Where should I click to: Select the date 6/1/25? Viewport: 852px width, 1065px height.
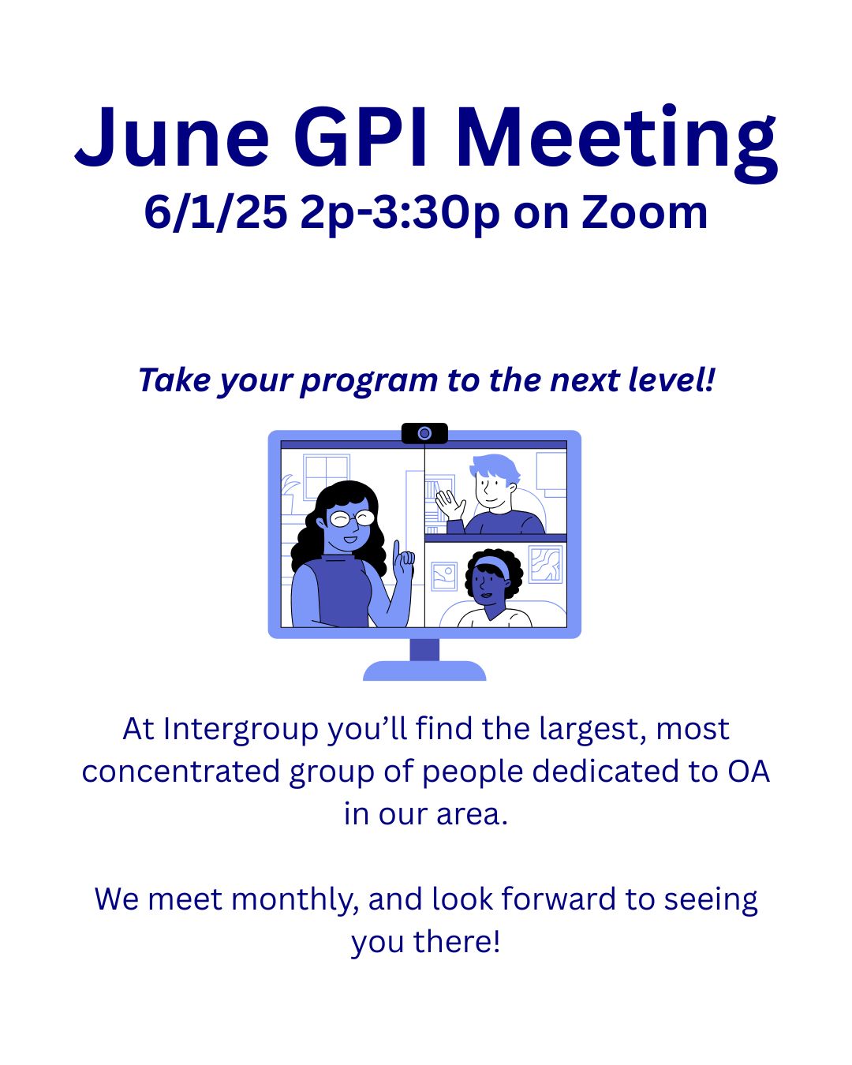[x=215, y=212]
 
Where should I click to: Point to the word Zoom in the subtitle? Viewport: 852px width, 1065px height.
[x=644, y=212]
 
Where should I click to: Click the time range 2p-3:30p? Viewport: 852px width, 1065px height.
[x=399, y=214]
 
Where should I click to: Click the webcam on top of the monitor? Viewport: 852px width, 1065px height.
[x=424, y=434]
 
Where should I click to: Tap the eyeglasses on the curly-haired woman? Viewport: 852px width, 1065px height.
[x=352, y=518]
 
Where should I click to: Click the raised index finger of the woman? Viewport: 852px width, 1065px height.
[x=397, y=551]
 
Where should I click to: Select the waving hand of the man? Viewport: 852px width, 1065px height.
[x=450, y=505]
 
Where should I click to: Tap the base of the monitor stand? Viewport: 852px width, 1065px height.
[x=424, y=671]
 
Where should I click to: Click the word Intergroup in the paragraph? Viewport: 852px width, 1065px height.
[x=241, y=729]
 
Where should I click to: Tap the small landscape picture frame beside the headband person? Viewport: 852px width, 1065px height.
[x=444, y=576]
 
